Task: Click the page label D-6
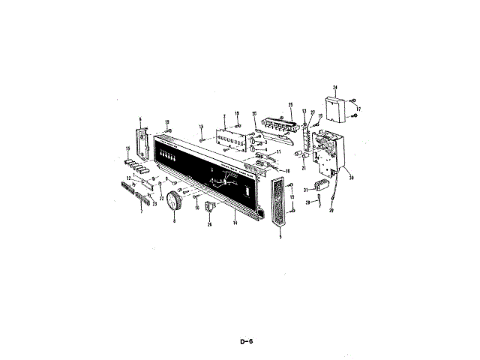247,341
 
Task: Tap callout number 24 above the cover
334,88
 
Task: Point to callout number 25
289,105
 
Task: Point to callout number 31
306,189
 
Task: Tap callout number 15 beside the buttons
118,158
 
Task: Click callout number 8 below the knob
174,222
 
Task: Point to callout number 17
359,108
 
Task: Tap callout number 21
304,168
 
